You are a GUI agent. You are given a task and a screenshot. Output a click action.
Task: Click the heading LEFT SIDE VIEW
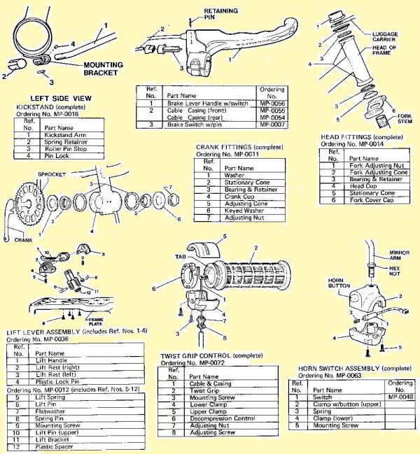click(54, 98)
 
